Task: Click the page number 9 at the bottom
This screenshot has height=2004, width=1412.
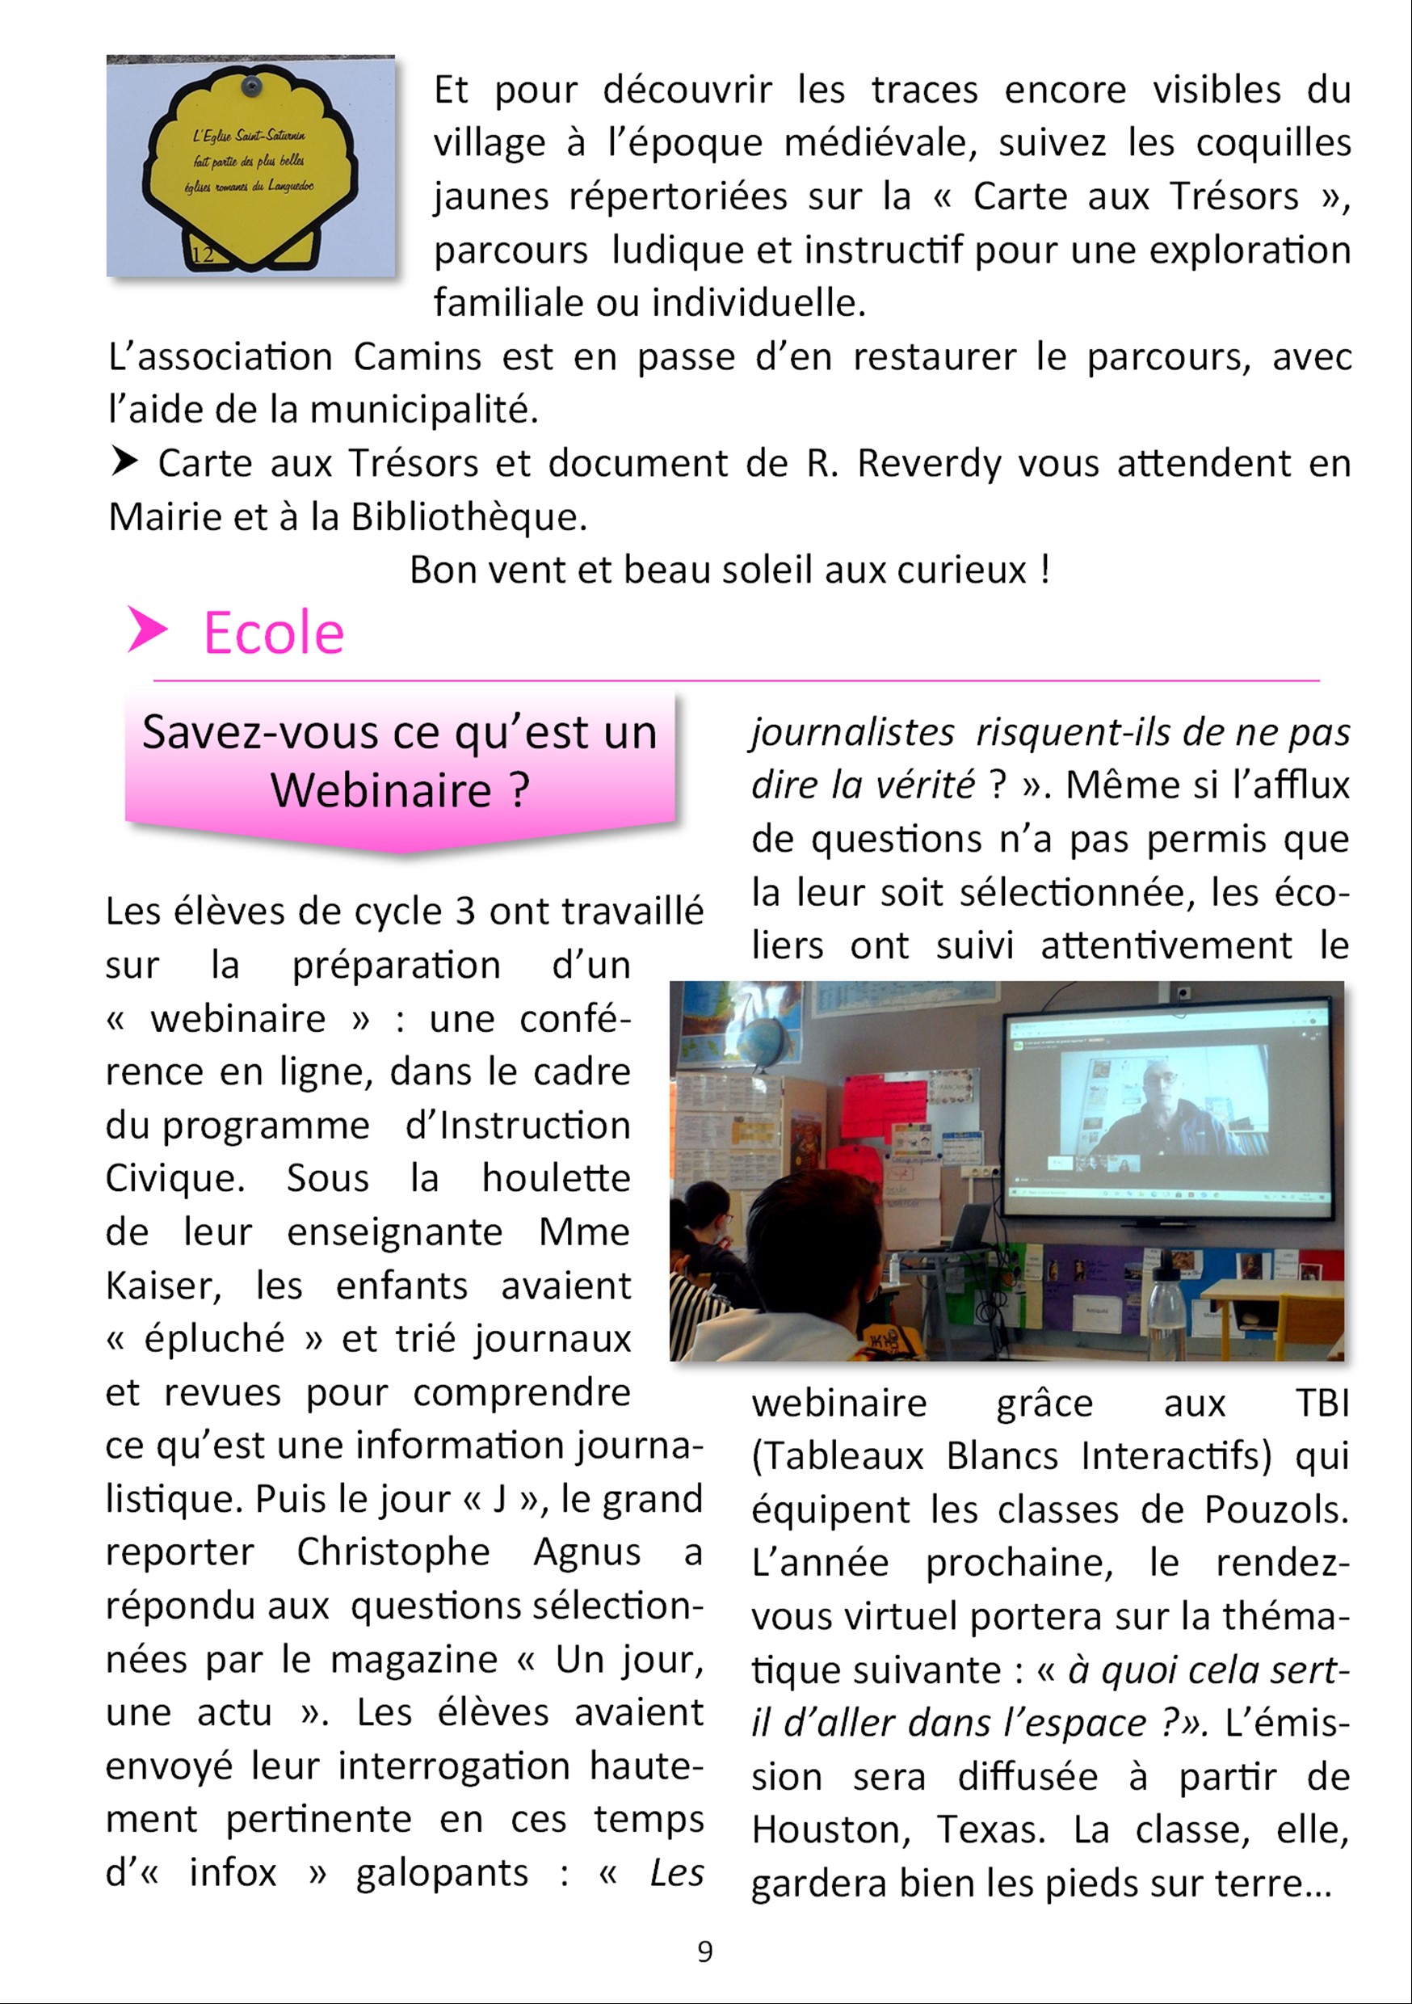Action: [x=705, y=1951]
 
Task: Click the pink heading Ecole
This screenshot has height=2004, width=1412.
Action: [x=273, y=633]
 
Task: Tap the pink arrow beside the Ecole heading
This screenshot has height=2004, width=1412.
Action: [x=145, y=629]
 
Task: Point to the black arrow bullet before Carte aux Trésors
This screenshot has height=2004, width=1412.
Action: [x=124, y=461]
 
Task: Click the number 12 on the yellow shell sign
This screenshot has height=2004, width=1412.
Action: [x=203, y=255]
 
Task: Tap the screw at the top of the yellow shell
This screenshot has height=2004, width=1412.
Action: [x=252, y=86]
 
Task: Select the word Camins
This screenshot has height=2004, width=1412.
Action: [x=417, y=357]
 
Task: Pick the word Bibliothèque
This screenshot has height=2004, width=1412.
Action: [x=469, y=518]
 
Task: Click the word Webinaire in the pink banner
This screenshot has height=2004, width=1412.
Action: [x=380, y=791]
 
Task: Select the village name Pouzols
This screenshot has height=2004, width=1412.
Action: [x=1275, y=1509]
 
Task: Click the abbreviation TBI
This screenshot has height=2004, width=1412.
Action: [x=1322, y=1404]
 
